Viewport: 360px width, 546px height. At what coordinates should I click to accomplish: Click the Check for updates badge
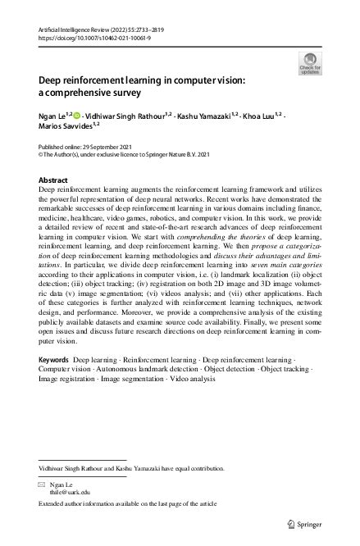tap(311, 64)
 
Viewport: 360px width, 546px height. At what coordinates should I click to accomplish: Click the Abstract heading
tap(54, 179)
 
